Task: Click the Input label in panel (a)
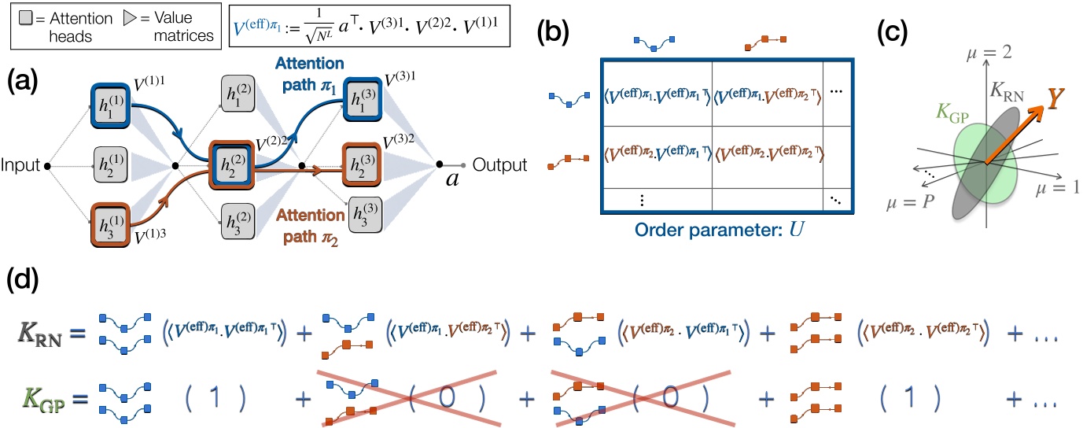point(20,166)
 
